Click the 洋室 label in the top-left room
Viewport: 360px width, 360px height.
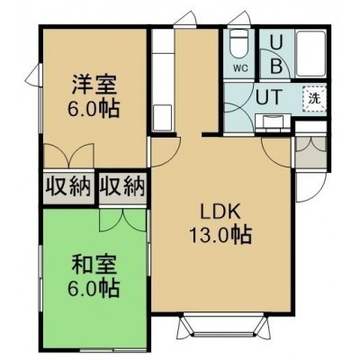(x=94, y=85)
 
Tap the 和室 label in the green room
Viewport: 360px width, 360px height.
(x=94, y=265)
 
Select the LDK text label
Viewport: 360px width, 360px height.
(x=220, y=213)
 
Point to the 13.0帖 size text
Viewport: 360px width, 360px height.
(x=220, y=235)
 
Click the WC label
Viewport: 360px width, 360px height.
(x=240, y=68)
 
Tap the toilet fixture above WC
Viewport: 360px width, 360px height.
(x=239, y=44)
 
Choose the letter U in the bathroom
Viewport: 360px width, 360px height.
(x=275, y=44)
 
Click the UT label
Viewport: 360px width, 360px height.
(x=269, y=97)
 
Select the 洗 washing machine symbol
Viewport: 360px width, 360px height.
(x=314, y=99)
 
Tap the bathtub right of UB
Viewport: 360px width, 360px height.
(x=310, y=54)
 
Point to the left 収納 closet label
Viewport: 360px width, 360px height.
(x=68, y=186)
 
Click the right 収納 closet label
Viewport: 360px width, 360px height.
(x=122, y=186)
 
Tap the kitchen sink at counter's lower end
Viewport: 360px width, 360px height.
(x=162, y=117)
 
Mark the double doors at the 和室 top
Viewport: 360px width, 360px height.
(x=122, y=220)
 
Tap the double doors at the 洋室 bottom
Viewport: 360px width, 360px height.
(x=69, y=156)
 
